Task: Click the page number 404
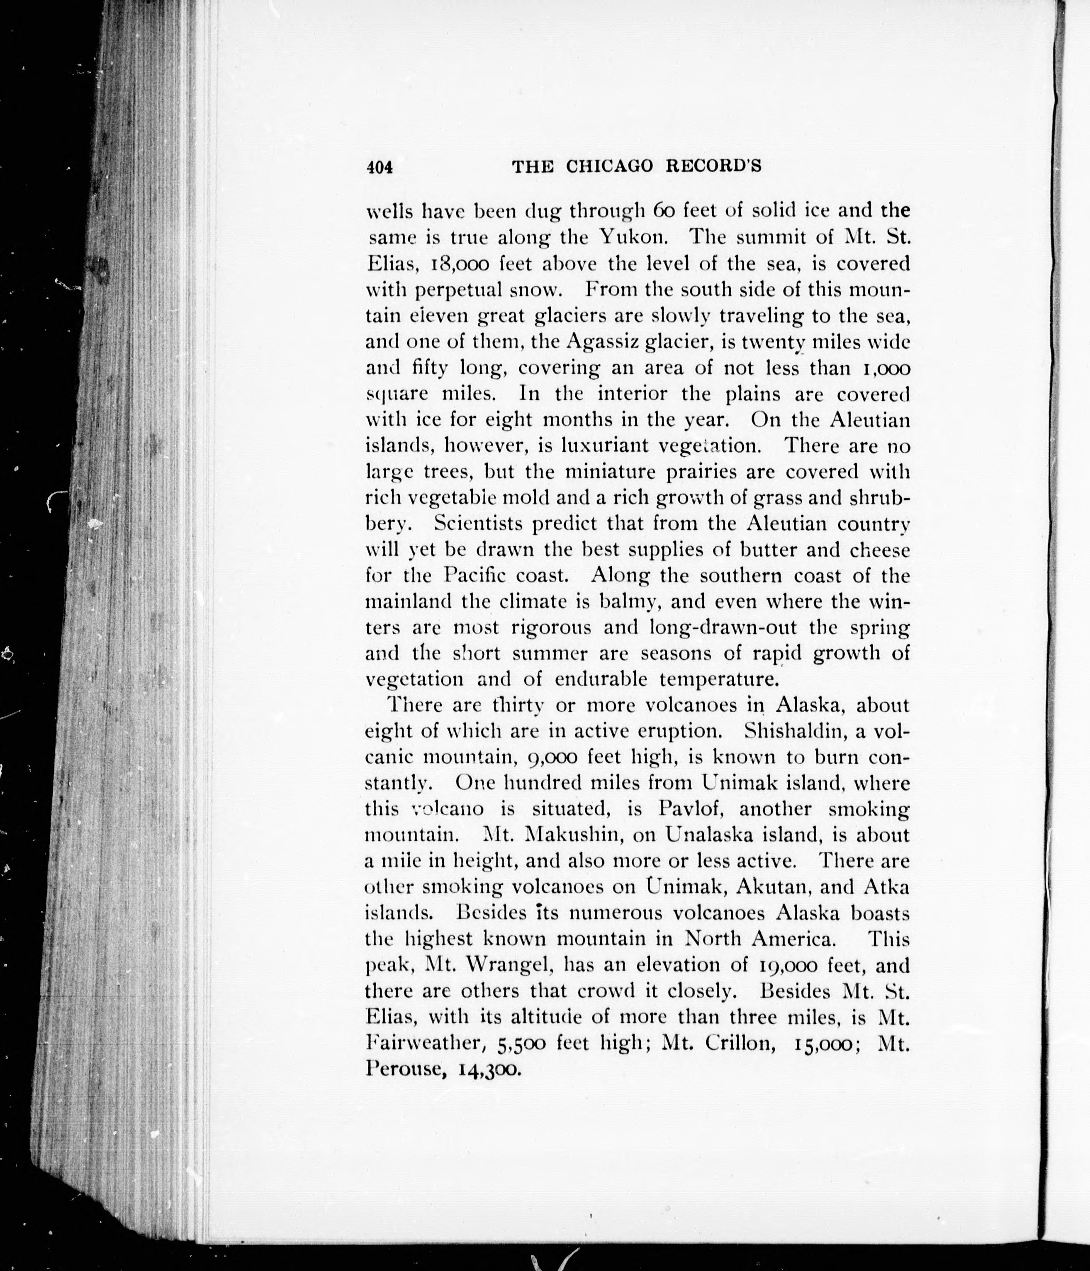coord(379,167)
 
